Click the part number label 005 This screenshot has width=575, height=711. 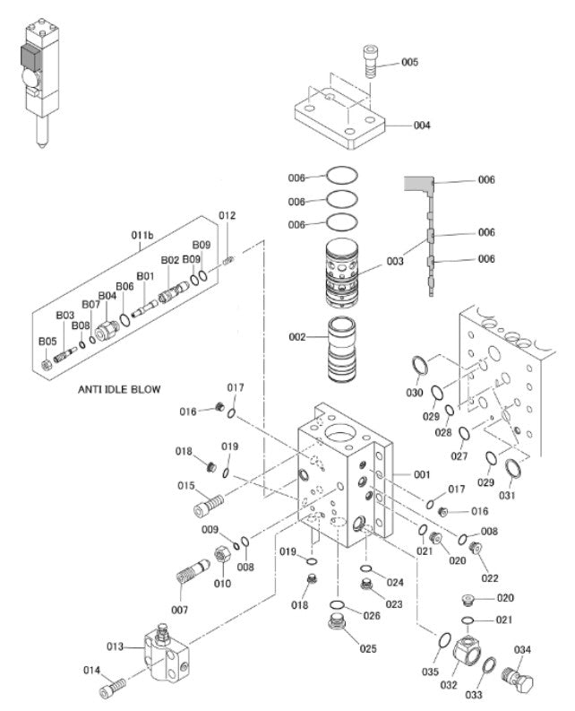coord(409,62)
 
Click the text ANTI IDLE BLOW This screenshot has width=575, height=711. coord(119,389)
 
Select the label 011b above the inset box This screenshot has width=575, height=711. coord(142,235)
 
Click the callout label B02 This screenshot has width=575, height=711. coord(170,260)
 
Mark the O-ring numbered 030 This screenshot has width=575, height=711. coord(418,364)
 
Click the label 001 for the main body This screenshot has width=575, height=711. coord(422,473)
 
